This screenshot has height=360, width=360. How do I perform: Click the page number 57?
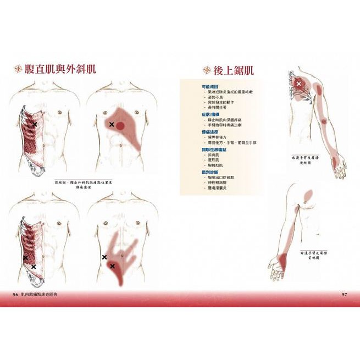[344, 295]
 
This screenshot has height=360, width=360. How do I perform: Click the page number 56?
[15, 295]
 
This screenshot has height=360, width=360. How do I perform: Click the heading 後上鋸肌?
[234, 70]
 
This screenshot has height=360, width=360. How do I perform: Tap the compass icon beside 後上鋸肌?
[207, 70]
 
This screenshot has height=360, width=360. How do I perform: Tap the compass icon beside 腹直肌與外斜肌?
[19, 69]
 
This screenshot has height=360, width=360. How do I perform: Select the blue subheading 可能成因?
[210, 86]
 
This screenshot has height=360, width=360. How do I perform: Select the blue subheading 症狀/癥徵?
[212, 114]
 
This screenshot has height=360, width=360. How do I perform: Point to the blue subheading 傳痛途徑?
[210, 132]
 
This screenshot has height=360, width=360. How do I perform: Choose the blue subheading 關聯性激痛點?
[214, 149]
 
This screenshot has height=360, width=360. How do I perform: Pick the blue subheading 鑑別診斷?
[210, 172]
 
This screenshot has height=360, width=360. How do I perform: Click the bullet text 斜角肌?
[214, 155]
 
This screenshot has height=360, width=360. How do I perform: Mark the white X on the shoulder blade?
[299, 84]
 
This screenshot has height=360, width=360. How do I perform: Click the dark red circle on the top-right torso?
[120, 126]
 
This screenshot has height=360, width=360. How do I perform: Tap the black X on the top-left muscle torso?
[35, 125]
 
